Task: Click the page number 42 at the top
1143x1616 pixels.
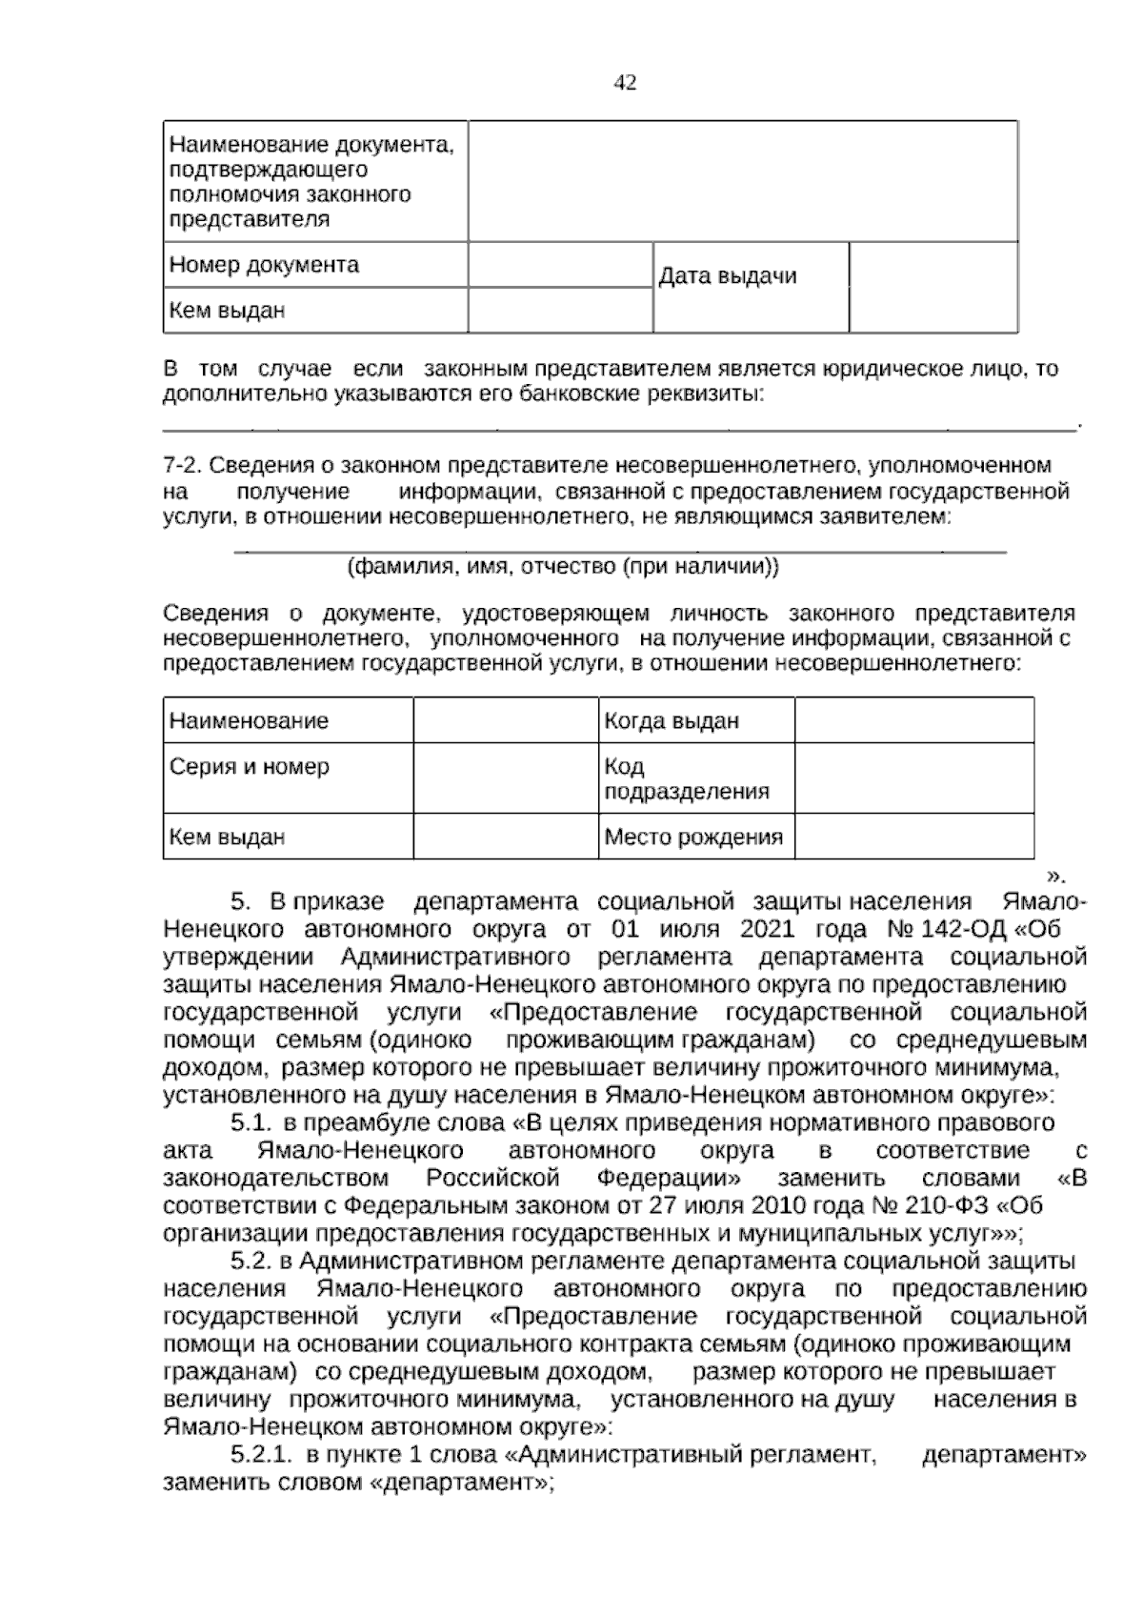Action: point(625,83)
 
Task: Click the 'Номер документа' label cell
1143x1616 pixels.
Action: point(264,265)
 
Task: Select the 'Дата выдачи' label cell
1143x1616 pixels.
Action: point(728,277)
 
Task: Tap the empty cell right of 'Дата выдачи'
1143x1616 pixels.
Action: point(932,287)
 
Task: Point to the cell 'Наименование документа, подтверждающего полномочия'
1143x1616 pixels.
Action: point(311,181)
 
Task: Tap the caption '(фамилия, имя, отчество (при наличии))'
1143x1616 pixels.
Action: point(562,567)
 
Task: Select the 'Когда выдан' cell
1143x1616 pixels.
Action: point(672,721)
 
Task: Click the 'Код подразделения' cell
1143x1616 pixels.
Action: point(686,779)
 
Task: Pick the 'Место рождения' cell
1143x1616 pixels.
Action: point(693,838)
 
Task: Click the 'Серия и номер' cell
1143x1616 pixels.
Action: point(250,767)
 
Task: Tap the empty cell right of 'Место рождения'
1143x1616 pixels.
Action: point(913,837)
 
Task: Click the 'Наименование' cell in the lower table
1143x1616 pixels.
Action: point(249,721)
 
